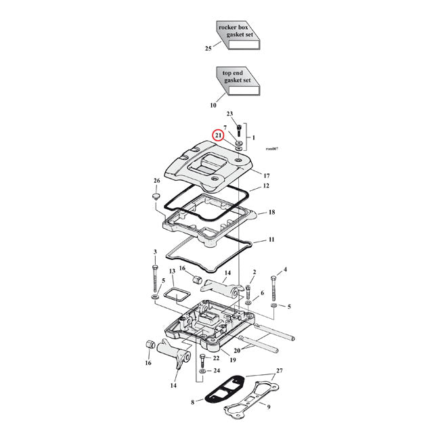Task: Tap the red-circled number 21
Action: click(x=218, y=135)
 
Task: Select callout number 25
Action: click(x=208, y=49)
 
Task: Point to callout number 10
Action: click(x=213, y=105)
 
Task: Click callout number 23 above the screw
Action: click(x=229, y=114)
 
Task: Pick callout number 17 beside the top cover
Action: click(x=266, y=175)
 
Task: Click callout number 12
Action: click(x=266, y=185)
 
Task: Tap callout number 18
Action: click(x=271, y=212)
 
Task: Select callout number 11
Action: click(x=271, y=240)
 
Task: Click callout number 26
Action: click(x=157, y=181)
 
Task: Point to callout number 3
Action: click(x=155, y=252)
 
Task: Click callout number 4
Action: click(x=285, y=269)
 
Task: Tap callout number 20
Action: click(x=236, y=351)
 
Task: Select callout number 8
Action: click(x=193, y=402)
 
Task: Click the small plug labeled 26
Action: click(x=156, y=197)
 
